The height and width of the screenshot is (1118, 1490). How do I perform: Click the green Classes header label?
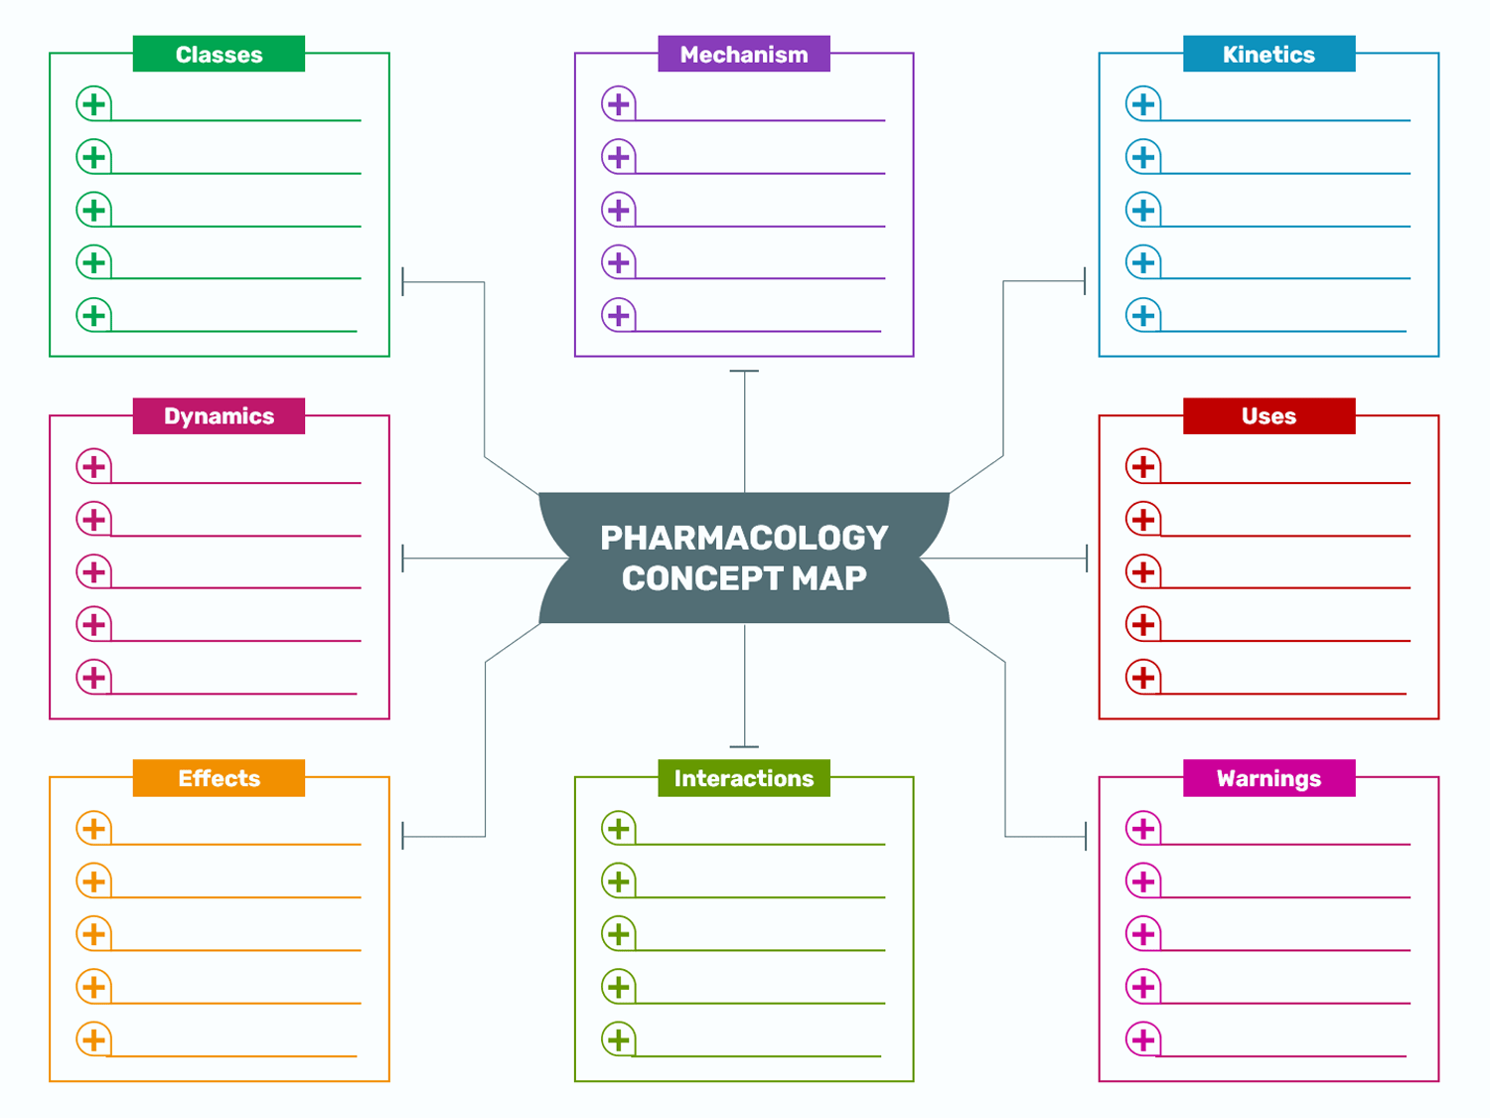point(219,54)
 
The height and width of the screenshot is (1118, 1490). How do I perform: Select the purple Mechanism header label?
point(743,54)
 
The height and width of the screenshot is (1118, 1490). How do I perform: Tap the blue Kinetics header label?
point(1268,54)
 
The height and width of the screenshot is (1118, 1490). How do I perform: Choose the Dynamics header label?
point(219,416)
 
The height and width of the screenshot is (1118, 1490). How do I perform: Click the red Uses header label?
point(1268,416)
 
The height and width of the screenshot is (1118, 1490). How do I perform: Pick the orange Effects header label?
point(219,778)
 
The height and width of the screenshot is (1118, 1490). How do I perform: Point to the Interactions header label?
point(743,778)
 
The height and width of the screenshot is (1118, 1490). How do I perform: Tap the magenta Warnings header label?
point(1268,778)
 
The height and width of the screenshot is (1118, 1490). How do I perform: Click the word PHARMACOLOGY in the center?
point(744,538)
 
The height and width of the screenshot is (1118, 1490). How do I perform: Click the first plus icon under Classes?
point(93,104)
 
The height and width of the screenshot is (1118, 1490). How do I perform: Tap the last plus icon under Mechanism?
point(619,315)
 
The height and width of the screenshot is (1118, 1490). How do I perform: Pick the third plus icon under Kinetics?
point(1143,210)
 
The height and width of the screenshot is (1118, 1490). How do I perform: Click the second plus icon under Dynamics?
point(93,520)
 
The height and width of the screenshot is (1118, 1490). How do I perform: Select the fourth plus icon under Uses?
point(1143,624)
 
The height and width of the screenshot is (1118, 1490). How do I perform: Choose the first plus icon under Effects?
point(93,828)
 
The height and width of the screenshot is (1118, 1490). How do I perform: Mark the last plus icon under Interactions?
point(619,1039)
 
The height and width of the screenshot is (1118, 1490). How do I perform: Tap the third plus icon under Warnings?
point(1143,934)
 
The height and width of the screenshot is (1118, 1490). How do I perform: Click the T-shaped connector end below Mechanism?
point(744,371)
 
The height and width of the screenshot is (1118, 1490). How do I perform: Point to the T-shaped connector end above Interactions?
point(744,746)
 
